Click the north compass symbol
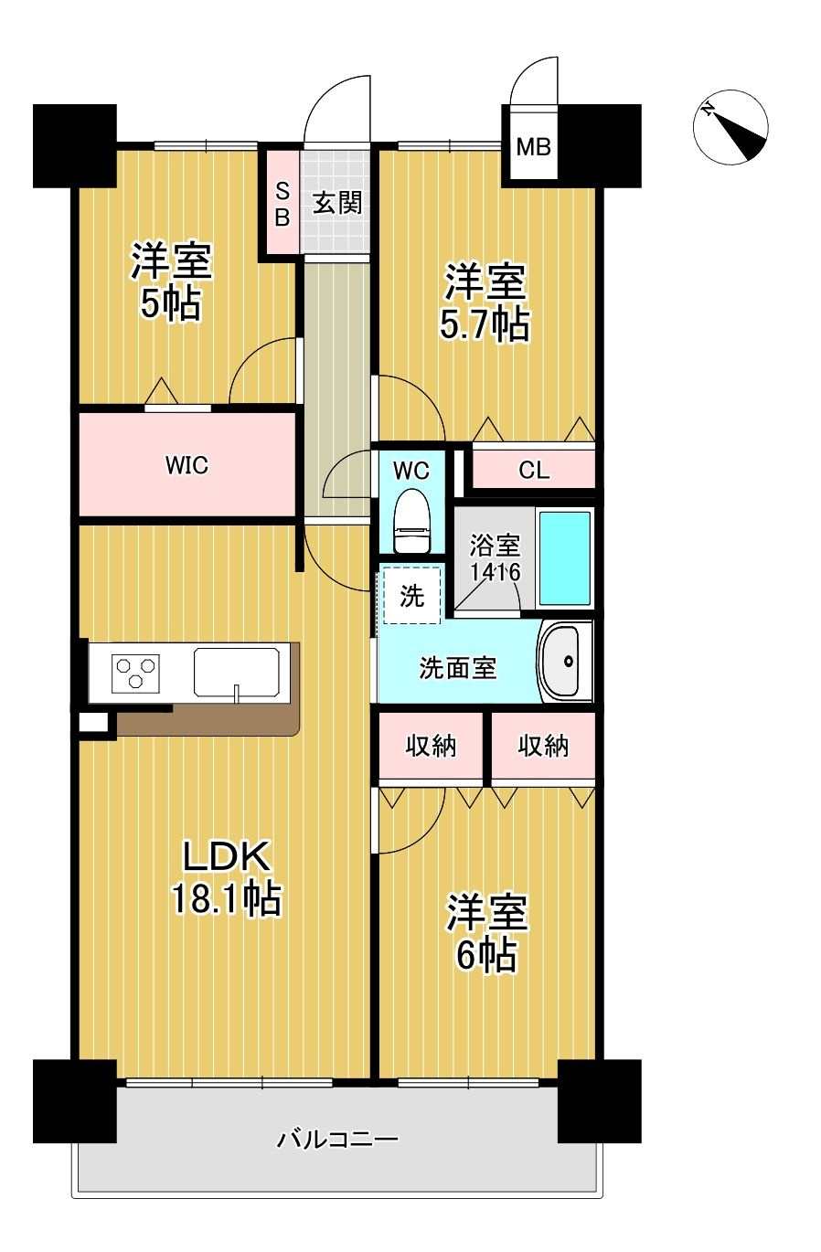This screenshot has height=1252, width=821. (730, 127)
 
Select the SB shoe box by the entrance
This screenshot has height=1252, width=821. (283, 204)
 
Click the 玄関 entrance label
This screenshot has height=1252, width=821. (337, 202)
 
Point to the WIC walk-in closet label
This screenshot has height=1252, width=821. (187, 466)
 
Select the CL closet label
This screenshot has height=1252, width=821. (534, 471)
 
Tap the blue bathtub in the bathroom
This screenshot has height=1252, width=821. (565, 557)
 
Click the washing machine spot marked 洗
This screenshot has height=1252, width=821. (411, 596)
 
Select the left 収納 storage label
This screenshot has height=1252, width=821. (431, 746)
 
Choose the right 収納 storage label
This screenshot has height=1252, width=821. (543, 746)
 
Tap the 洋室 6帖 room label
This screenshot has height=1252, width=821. (486, 932)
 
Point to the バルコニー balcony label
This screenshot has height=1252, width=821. (337, 1140)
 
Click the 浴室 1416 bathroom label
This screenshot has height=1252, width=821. (495, 559)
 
